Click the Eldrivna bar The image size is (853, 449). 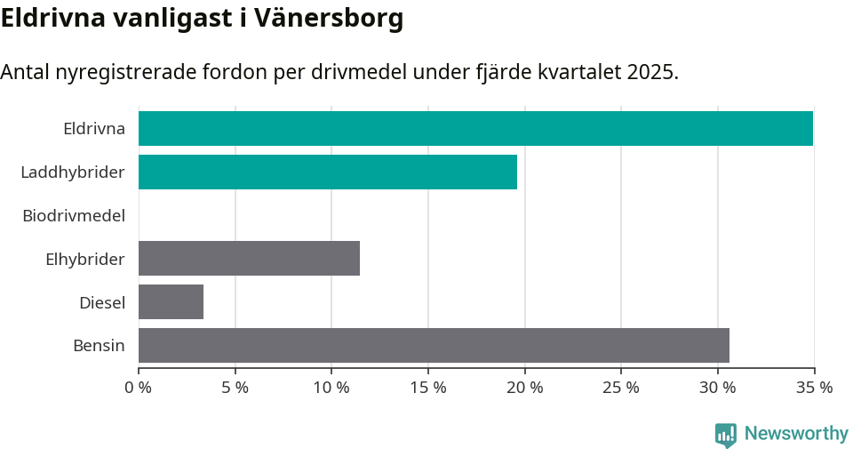(475, 128)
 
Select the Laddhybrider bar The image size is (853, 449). (327, 172)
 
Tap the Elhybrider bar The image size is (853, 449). (249, 258)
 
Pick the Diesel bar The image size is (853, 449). (171, 301)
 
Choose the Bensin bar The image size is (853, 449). (434, 345)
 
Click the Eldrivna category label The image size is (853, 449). (93, 128)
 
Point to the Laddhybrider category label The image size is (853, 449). (72, 172)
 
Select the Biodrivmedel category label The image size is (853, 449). (73, 215)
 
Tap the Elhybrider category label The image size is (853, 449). (84, 259)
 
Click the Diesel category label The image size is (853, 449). (101, 302)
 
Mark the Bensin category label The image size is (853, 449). (99, 346)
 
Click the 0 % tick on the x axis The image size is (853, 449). (139, 388)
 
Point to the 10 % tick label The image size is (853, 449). (331, 388)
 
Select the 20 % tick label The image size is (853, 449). (524, 388)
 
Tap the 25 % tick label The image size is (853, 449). (621, 388)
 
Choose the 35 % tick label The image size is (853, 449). (814, 388)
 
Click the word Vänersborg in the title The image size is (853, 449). (328, 19)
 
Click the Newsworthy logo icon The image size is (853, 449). (726, 434)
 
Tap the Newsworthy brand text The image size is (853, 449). (796, 434)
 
